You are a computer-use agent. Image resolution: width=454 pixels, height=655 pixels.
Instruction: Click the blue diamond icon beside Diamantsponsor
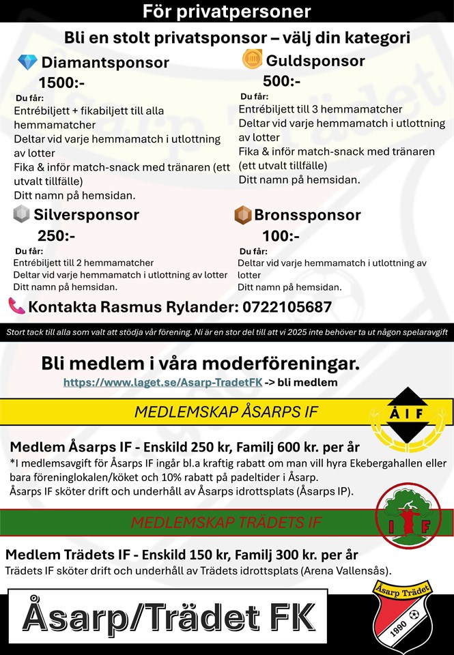coord(27,63)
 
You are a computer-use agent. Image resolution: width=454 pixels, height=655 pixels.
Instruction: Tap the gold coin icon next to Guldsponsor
coord(252,59)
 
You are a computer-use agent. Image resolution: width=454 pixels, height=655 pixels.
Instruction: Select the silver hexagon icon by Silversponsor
coord(21,214)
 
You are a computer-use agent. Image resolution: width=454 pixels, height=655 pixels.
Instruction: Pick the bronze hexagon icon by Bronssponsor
coord(242,216)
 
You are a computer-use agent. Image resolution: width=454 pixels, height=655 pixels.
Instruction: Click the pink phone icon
coord(16,306)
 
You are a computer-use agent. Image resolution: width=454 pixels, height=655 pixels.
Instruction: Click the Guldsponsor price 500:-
coord(281,81)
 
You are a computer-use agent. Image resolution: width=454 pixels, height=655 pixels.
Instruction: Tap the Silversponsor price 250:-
coord(56,235)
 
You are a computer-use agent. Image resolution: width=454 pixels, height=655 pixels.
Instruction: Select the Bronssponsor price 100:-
coord(280,235)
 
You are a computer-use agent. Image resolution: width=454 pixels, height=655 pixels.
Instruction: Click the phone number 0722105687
coord(287,307)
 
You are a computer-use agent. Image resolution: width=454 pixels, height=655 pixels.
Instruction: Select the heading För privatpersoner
coord(227,12)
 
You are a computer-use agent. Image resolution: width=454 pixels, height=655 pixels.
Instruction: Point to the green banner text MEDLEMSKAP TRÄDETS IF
coord(225,523)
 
